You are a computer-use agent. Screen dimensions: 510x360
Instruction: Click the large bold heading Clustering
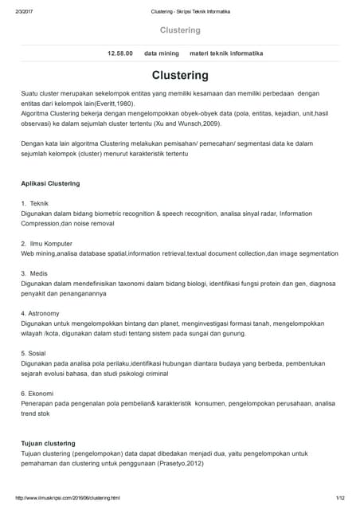[x=180, y=76]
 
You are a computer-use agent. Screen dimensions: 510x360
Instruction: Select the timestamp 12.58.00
[x=120, y=53]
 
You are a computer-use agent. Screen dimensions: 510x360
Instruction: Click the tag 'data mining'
[x=161, y=53]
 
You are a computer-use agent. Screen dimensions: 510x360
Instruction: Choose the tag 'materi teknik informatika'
[x=226, y=53]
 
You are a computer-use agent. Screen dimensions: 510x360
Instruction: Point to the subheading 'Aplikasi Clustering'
[x=50, y=183]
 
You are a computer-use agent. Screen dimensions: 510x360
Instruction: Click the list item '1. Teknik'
[x=35, y=204]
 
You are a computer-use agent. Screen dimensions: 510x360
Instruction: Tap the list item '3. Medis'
[x=36, y=273]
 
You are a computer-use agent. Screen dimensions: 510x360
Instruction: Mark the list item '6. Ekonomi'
[x=37, y=393]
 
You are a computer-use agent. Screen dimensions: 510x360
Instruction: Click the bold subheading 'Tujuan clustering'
[x=48, y=442]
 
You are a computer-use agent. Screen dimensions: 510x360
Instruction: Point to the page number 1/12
[x=340, y=499]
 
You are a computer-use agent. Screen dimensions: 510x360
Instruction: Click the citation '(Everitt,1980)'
[x=128, y=114]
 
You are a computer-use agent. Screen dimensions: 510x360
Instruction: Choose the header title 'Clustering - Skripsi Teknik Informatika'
[x=180, y=10]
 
